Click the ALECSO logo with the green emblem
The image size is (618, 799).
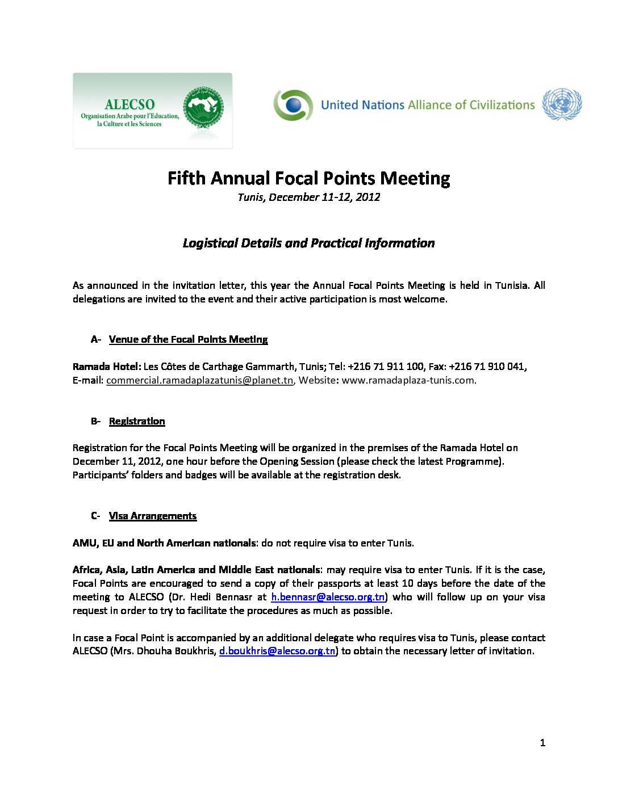coord(152,111)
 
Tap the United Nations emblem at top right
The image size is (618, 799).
coord(562,104)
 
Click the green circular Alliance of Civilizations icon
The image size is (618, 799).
coord(293,105)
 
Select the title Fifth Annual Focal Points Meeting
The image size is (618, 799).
coord(308,178)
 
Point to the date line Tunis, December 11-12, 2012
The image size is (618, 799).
coord(308,197)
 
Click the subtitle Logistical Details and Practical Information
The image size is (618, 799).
coord(308,243)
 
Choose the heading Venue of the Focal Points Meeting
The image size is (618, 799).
coord(188,339)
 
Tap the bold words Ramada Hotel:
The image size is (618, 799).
coord(107,367)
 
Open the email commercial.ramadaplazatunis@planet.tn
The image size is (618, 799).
coord(199,380)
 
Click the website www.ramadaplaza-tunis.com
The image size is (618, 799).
coord(408,380)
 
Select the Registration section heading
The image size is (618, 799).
coord(137,421)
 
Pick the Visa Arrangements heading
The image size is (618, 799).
coord(152,516)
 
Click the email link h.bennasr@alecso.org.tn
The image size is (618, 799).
coord(328,597)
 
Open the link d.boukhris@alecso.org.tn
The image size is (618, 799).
coord(277,651)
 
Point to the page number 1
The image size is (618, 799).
coord(542,743)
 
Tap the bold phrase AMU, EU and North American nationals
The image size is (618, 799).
coord(164,543)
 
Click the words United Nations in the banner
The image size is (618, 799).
coord(362,105)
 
